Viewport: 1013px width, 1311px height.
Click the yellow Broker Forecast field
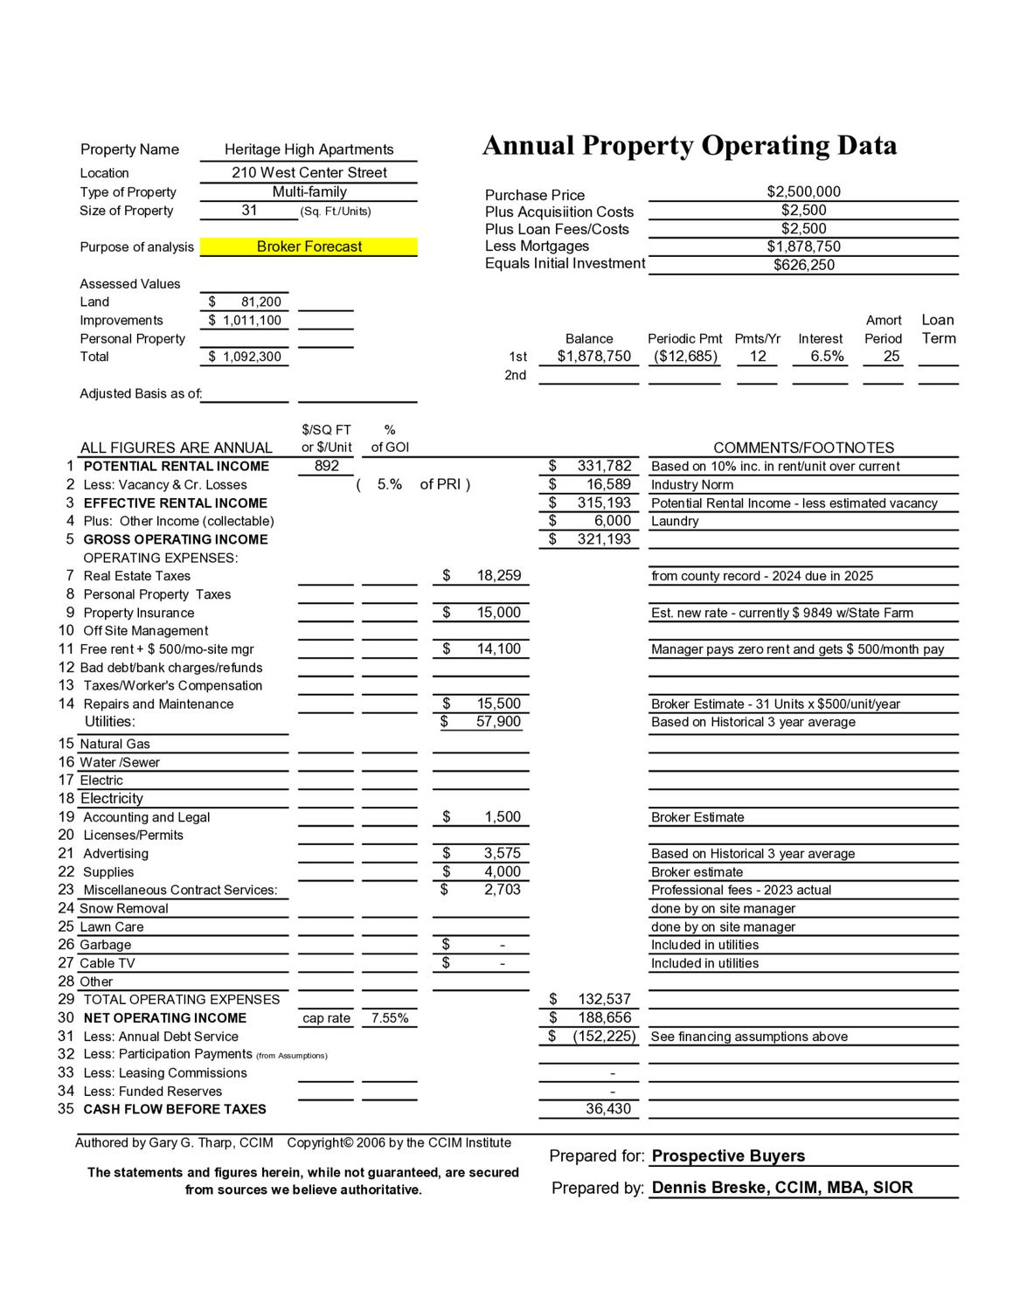[x=309, y=247]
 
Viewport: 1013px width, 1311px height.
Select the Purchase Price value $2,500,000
[x=803, y=192]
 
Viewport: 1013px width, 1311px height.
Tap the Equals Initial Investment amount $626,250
[x=803, y=265]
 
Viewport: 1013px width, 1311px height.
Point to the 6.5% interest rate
[x=827, y=357]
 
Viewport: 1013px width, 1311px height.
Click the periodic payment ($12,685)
[x=685, y=357]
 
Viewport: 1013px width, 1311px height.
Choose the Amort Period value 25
[x=891, y=357]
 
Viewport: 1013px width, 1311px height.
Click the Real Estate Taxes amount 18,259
[x=498, y=576]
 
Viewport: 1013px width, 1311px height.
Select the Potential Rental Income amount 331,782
[x=604, y=467]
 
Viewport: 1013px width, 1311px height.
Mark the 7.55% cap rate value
[x=390, y=1018]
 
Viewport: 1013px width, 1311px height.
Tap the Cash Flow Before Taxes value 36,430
[x=607, y=1109]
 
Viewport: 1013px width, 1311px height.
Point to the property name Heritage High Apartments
[x=309, y=149]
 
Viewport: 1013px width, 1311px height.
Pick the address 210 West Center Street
[x=309, y=173]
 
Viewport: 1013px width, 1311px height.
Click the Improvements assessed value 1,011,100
[x=252, y=321]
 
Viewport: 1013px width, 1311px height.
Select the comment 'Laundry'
[x=675, y=522]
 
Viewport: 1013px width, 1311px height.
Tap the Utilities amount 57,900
[x=498, y=722]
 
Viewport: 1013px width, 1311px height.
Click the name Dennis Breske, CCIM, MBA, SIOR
[x=782, y=1188]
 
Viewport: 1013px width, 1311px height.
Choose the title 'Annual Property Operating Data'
[x=690, y=146]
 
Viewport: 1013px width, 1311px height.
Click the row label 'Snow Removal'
[x=124, y=909]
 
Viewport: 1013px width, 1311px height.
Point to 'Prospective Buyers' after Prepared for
[x=728, y=1156]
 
